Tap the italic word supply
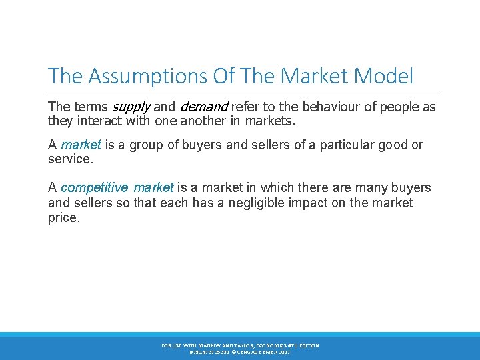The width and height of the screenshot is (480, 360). click(131, 107)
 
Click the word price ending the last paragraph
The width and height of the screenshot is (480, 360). click(63, 217)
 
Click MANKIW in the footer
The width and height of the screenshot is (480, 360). click(207, 345)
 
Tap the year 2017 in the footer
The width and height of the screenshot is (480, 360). click(284, 351)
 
